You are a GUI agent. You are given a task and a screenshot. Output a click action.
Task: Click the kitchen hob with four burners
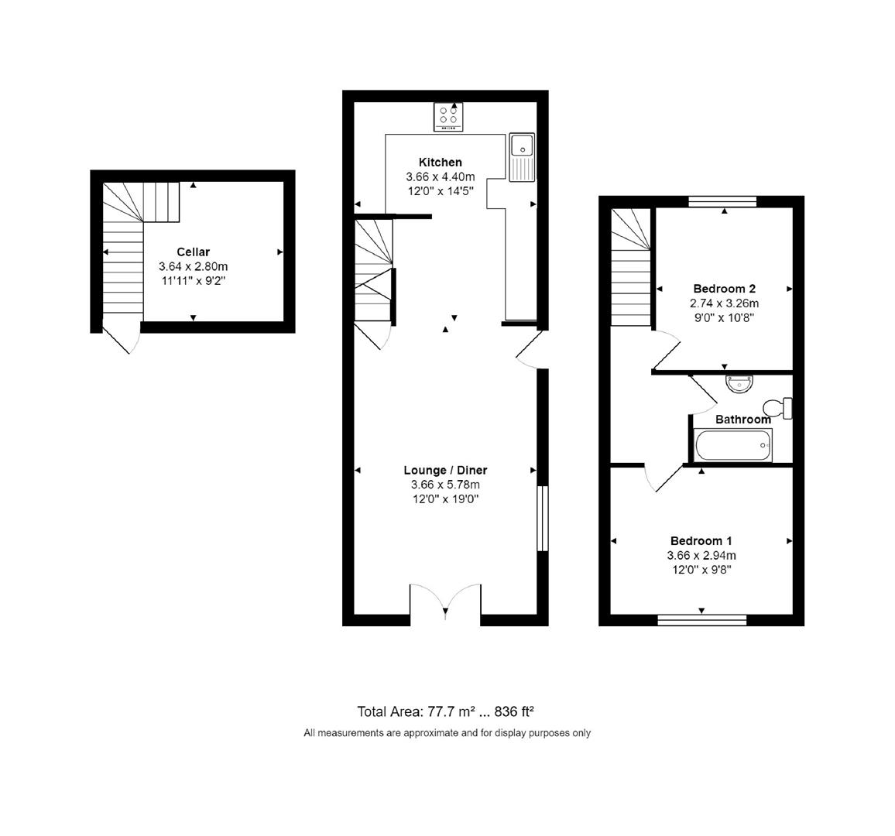(x=447, y=116)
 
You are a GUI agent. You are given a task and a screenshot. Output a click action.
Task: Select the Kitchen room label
(x=440, y=162)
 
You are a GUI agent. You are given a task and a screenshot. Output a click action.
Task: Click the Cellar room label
(x=193, y=252)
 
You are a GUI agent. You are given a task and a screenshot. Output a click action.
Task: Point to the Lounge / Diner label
(x=445, y=470)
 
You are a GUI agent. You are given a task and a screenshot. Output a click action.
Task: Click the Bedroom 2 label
(x=724, y=289)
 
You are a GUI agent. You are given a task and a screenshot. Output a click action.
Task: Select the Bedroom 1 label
(x=701, y=540)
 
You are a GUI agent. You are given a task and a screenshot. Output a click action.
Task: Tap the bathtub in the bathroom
(x=732, y=446)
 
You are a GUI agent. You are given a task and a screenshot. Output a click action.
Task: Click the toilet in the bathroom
(x=777, y=407)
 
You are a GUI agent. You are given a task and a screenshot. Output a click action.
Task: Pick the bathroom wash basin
(x=739, y=382)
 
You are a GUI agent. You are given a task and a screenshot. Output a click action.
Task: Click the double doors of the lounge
(x=445, y=602)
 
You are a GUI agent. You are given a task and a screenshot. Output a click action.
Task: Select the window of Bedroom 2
(x=722, y=202)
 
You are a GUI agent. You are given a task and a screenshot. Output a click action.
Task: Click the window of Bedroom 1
(x=701, y=619)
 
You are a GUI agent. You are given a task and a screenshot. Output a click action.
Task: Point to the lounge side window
(x=543, y=518)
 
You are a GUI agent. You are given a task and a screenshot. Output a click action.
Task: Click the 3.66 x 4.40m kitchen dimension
(x=440, y=176)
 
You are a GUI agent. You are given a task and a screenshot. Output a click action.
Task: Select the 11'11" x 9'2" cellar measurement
(x=193, y=281)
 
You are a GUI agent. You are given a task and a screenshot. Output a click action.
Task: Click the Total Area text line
(x=446, y=711)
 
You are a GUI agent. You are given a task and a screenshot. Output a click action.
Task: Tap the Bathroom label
(x=742, y=420)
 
